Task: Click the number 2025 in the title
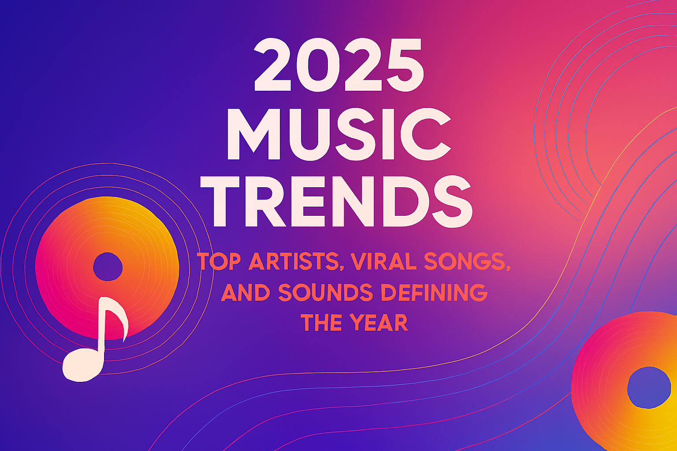339,65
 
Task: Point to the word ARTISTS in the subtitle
292,262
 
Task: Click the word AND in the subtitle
245,292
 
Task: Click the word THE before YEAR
321,323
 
